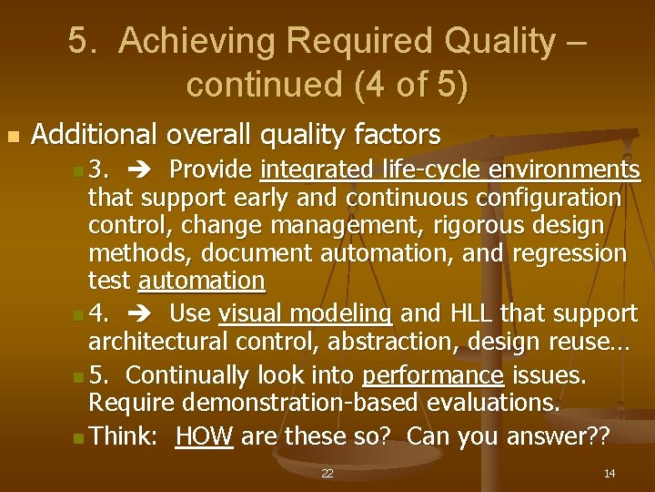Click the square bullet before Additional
[12, 137]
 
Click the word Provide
[211, 170]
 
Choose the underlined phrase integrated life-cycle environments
[449, 170]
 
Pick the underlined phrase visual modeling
[306, 314]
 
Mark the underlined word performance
[433, 376]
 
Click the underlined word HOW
[205, 437]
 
